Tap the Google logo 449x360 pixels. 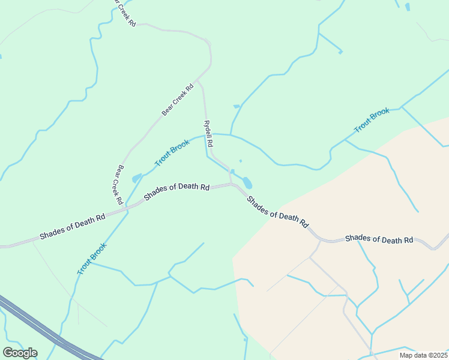point(20,353)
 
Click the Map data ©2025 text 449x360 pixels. point(424,355)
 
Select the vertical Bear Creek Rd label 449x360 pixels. point(117,185)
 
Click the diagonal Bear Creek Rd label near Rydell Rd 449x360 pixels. point(178,99)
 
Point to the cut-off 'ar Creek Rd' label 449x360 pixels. point(125,13)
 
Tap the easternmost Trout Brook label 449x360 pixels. point(372,120)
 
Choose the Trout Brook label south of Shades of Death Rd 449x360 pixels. point(92,259)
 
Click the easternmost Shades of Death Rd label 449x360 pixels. point(379,239)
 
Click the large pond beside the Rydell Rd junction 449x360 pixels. point(247,182)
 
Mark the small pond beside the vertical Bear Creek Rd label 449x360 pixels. point(136,178)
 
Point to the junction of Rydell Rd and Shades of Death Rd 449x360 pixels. point(232,184)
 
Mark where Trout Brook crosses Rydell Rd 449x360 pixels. point(206,135)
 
